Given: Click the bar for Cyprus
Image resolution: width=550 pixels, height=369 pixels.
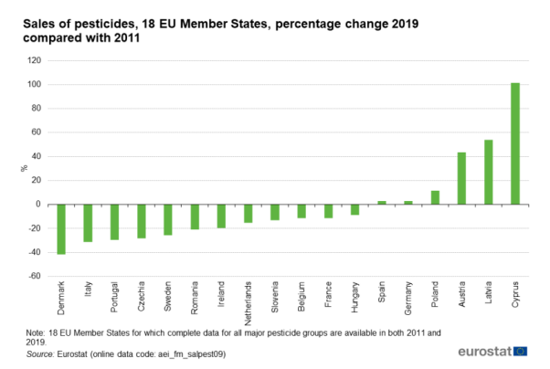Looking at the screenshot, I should (515, 143).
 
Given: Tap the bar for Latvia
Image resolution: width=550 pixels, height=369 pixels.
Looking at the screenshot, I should (489, 172).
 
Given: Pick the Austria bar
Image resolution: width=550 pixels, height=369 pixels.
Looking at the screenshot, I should (461, 178).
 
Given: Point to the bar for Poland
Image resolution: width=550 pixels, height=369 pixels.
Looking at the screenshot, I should (435, 197).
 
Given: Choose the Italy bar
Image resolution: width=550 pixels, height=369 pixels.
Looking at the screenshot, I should (88, 223).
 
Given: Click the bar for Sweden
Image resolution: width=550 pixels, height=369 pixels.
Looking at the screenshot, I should (168, 219).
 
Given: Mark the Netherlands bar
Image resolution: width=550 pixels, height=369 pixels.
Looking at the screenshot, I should (249, 213).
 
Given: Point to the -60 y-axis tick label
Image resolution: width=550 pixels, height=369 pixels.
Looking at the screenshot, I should (35, 276).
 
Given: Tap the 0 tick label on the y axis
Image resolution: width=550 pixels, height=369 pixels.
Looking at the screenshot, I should (39, 204).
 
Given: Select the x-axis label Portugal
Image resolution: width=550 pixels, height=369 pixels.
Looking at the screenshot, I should (115, 300).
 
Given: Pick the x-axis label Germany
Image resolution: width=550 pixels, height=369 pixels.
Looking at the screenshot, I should (408, 300).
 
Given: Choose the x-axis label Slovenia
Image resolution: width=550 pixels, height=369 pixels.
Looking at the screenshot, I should (275, 300).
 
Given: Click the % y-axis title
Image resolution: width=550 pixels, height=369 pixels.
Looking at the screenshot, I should (23, 168).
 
